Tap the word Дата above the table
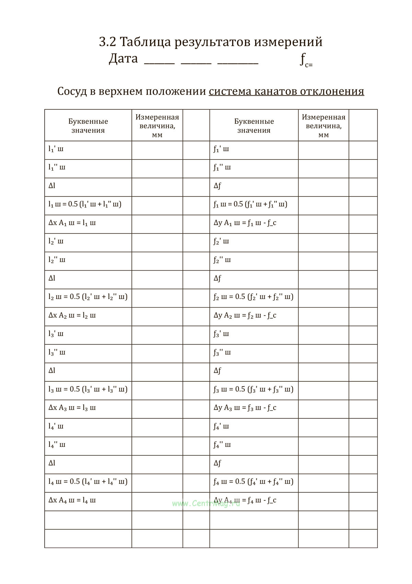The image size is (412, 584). coord(123,59)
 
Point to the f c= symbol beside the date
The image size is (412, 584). coord(306,60)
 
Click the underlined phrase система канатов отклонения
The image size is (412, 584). coord(286,91)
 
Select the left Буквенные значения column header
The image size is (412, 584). coord(88,126)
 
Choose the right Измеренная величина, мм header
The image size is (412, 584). coord(323,126)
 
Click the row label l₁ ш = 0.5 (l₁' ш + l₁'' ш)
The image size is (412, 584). coord(85,204)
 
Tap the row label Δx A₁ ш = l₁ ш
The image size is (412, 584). coord(72,223)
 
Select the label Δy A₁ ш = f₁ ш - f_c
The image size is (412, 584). coord(245,223)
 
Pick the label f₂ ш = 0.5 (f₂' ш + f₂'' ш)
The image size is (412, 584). coord(253,297)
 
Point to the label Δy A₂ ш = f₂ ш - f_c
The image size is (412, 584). coord(245,315)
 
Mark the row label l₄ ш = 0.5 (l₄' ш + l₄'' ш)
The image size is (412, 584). coord(88,481)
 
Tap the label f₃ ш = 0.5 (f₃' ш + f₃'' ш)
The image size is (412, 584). coord(253,389)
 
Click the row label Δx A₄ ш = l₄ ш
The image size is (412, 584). coord(72,500)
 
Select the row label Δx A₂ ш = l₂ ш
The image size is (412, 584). coord(72,315)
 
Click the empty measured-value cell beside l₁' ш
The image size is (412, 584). coord(157,150)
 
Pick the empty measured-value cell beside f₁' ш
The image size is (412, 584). coord(323,150)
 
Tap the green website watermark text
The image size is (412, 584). coord(206,503)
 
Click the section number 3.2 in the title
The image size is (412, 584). coord(107,42)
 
